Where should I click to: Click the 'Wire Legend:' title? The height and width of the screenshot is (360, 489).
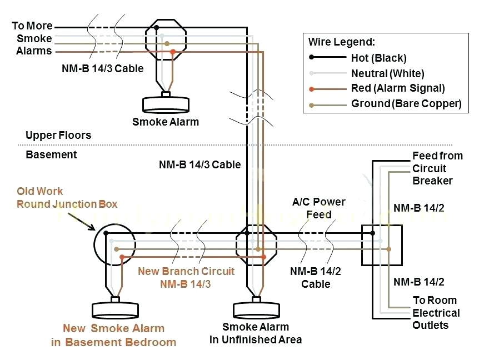(342, 42)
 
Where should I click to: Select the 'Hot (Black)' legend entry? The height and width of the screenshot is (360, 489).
(378, 58)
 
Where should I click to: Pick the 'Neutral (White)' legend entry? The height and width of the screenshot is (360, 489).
(387, 73)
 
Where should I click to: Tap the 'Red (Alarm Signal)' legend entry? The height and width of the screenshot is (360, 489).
(398, 88)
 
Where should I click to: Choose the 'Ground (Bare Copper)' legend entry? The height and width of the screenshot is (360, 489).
(406, 104)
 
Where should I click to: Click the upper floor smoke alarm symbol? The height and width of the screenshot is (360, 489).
(165, 104)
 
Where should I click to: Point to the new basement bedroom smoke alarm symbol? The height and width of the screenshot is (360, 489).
(115, 309)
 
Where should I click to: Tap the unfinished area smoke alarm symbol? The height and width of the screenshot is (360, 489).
(255, 309)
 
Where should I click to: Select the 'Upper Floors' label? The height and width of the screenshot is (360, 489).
(58, 136)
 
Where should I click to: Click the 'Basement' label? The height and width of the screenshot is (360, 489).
(51, 154)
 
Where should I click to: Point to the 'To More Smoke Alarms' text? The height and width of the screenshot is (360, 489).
(33, 38)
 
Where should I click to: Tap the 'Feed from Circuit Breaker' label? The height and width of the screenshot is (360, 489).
(437, 168)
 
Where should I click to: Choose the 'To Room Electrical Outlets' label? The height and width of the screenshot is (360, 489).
(436, 313)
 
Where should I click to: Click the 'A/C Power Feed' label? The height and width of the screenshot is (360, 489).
(318, 208)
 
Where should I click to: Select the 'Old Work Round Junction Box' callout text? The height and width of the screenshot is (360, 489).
(67, 198)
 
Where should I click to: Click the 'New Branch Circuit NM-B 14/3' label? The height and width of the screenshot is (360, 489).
(186, 277)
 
